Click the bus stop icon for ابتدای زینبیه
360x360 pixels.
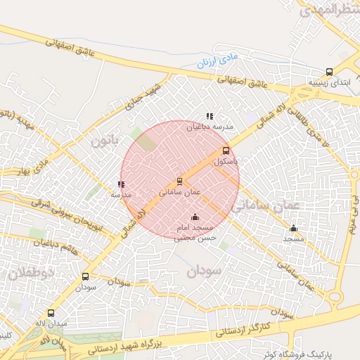pyautogui.click(x=329, y=72)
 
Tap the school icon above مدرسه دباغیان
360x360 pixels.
pyautogui.click(x=209, y=117)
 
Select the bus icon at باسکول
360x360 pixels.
pyautogui.click(x=226, y=150)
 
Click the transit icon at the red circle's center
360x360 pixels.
pyautogui.click(x=180, y=181)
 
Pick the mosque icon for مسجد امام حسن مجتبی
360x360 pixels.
pyautogui.click(x=195, y=217)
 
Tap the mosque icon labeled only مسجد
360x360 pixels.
pyautogui.click(x=293, y=228)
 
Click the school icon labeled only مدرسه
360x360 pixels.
pyautogui.click(x=122, y=184)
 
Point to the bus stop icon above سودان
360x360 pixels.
pyautogui.click(x=86, y=276)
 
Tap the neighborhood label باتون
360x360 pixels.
pyautogui.click(x=105, y=141)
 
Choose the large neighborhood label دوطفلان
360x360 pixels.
pyautogui.click(x=28, y=273)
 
